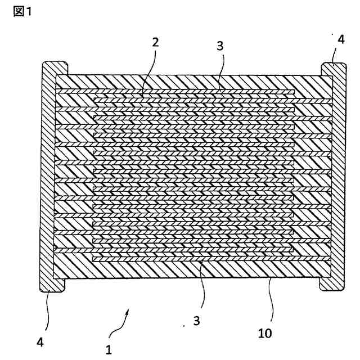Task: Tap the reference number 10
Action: coord(265,333)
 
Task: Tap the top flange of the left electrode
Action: coord(55,67)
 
